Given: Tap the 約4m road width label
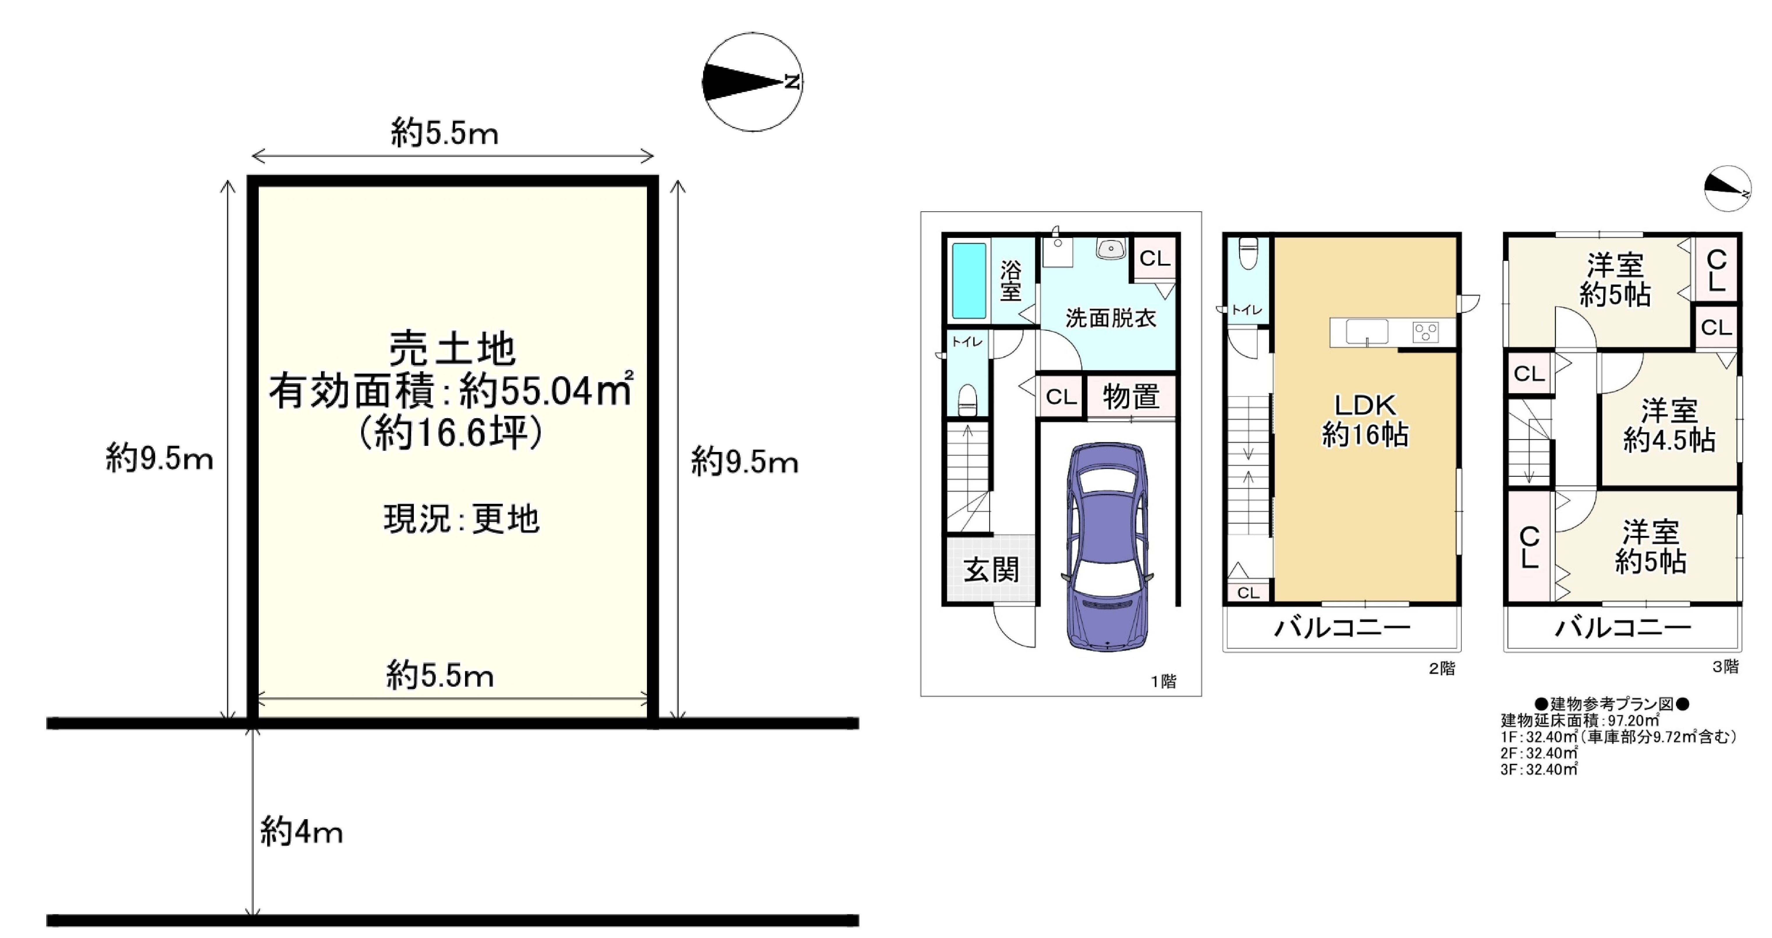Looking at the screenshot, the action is (x=301, y=832).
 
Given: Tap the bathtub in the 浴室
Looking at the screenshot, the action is (x=969, y=280).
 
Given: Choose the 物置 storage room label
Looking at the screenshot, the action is (x=1131, y=397).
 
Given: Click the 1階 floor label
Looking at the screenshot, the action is (x=1164, y=681).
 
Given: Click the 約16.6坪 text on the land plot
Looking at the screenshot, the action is (x=452, y=433).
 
